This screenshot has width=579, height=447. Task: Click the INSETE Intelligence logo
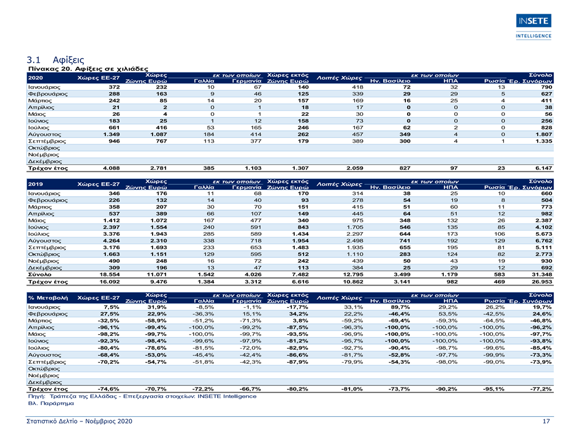tap(534, 27)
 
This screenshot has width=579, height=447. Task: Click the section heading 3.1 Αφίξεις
tap(55, 60)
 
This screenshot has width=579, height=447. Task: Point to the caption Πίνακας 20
tap(51, 69)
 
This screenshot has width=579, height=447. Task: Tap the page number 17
tap(546, 421)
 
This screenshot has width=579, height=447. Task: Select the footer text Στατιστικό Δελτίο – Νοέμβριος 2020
tap(79, 421)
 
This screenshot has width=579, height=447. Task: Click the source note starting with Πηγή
tap(142, 396)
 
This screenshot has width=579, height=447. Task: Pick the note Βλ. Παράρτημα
tap(51, 403)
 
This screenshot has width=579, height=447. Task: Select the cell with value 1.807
tap(544, 134)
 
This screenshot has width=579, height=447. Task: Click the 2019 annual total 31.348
tap(542, 274)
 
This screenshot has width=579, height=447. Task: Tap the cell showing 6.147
tap(544, 168)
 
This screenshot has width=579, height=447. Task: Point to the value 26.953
tap(542, 282)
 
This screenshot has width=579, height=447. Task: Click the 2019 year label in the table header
tap(36, 184)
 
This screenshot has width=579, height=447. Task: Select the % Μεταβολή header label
tap(48, 298)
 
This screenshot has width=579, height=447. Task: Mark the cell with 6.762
tap(544, 240)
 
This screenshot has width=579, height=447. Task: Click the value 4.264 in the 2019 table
tap(111, 240)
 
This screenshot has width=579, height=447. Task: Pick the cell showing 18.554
tap(110, 274)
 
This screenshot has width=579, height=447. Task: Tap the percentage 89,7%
tap(400, 307)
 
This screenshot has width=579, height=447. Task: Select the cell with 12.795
tap(353, 274)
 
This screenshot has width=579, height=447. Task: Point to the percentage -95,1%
tap(494, 389)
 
